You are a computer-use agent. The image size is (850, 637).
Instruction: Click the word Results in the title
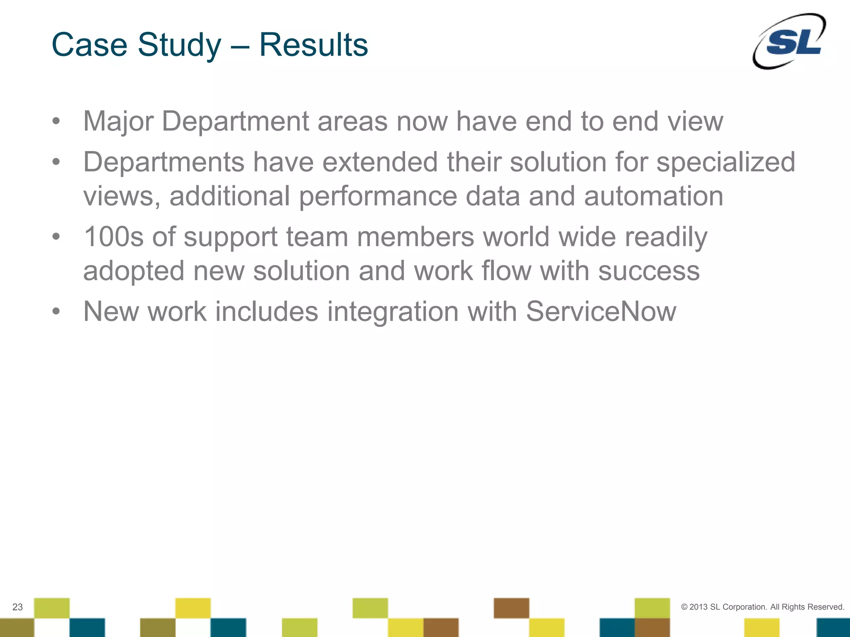tap(313, 45)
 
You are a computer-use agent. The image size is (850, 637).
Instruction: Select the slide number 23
tap(17, 607)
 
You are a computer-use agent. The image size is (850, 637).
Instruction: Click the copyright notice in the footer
tap(762, 607)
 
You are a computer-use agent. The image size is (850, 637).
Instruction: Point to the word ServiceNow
tap(601, 311)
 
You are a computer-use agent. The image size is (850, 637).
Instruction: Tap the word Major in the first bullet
tap(118, 122)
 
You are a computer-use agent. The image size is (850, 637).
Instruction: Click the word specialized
tap(726, 163)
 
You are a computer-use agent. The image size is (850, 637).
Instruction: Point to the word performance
tap(378, 197)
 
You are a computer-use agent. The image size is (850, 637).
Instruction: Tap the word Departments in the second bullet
tap(164, 162)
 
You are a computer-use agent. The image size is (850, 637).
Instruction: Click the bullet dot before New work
tap(56, 311)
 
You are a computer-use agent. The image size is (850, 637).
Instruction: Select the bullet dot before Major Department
tap(56, 121)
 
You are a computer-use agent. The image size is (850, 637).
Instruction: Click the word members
tap(415, 237)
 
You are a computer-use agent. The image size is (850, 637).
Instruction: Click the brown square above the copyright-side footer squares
tap(511, 608)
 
